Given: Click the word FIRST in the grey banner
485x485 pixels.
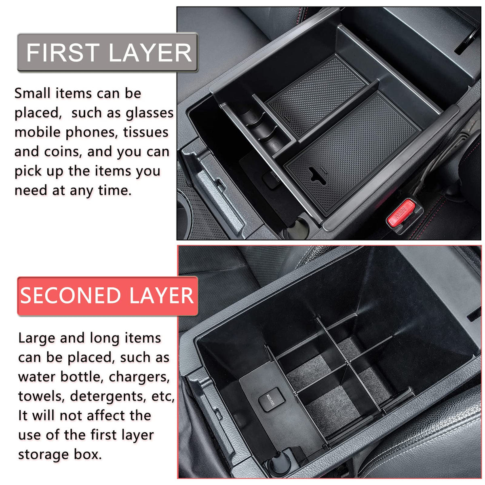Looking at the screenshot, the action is (x=63, y=53).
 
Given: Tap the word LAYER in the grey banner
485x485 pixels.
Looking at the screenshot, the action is (x=150, y=53).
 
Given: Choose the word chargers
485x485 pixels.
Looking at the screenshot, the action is (x=139, y=377).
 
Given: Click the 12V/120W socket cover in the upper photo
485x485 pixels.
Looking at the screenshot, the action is (x=271, y=179).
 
